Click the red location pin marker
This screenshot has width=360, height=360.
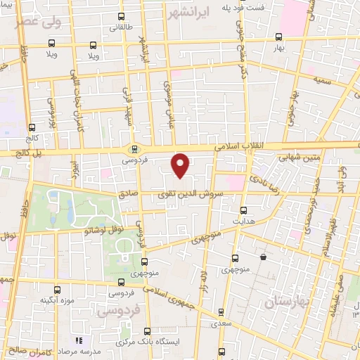[x=181, y=165]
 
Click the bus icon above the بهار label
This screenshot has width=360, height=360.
[x=279, y=37]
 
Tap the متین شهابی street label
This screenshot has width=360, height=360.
[x=302, y=157]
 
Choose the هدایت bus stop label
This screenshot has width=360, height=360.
[x=244, y=220]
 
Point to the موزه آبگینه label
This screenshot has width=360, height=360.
[x=58, y=300]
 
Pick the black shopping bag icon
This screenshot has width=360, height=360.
[x=263, y=257]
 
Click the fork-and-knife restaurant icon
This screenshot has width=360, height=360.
[x=79, y=340]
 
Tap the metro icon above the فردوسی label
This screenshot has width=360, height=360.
[x=134, y=148]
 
